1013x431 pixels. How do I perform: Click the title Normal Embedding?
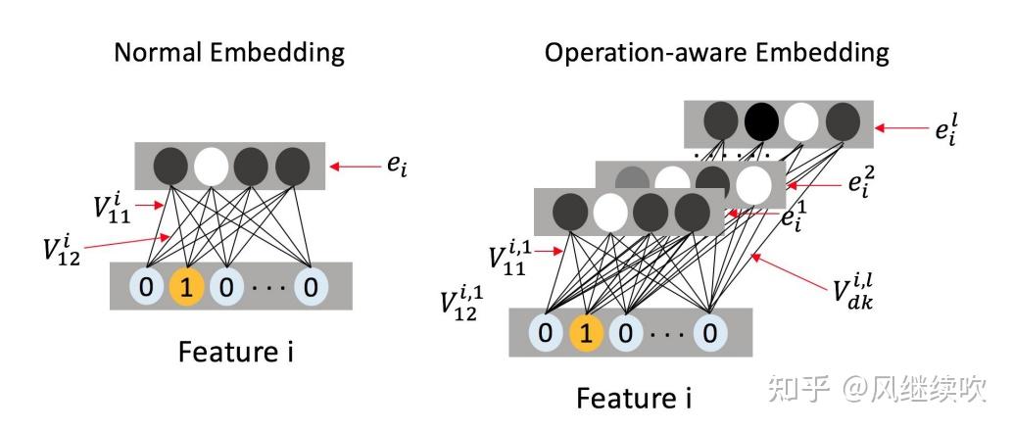(229, 52)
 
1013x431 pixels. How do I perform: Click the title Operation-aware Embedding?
(717, 52)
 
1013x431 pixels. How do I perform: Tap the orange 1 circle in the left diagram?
(187, 287)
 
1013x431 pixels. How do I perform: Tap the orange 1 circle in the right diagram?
(586, 333)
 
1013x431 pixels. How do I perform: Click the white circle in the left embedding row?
(210, 167)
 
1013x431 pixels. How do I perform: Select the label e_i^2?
(861, 182)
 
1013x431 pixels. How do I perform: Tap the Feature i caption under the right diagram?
(633, 398)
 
